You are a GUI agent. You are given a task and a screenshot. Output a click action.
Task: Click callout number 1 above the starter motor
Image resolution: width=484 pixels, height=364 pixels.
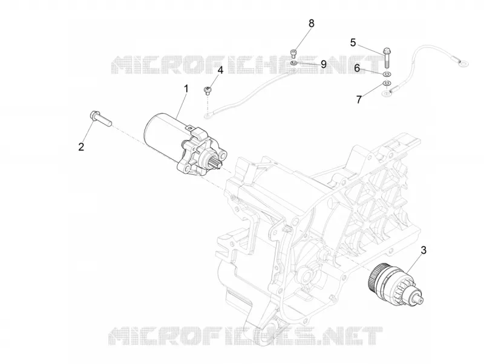[x=186, y=89]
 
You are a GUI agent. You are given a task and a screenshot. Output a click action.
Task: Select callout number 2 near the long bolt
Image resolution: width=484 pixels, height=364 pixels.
[x=81, y=147]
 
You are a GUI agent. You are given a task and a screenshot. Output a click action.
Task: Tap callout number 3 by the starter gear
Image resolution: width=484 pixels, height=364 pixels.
[x=423, y=250]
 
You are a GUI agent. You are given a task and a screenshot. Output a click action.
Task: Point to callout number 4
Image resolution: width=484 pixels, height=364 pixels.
[x=220, y=70]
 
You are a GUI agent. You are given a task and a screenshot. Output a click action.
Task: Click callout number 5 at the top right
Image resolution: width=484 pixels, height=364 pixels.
[x=353, y=42]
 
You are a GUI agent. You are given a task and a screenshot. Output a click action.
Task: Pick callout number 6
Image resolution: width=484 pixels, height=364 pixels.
[x=357, y=68]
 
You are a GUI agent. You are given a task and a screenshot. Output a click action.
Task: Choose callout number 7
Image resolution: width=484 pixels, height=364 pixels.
[x=359, y=100]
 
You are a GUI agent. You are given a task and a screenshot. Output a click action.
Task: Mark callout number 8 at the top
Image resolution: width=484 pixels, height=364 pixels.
[x=312, y=23]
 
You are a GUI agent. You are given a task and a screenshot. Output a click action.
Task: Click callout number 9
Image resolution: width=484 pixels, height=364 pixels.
[x=324, y=64]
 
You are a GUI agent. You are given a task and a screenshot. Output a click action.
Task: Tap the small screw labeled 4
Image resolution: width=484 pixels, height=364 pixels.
[x=208, y=91]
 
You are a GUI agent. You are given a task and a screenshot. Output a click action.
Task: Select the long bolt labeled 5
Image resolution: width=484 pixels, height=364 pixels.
[x=386, y=57]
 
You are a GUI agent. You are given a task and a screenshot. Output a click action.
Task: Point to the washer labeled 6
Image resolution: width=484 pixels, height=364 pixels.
[x=387, y=74]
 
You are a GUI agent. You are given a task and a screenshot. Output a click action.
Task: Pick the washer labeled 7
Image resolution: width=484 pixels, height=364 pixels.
[x=387, y=83]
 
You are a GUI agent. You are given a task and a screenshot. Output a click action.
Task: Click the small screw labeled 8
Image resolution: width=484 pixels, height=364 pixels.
[x=293, y=53]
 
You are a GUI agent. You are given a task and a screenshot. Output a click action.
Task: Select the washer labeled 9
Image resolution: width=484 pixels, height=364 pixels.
[x=294, y=63]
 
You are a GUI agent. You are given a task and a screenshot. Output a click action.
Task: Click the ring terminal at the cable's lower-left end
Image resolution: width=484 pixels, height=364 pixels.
[x=208, y=116]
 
